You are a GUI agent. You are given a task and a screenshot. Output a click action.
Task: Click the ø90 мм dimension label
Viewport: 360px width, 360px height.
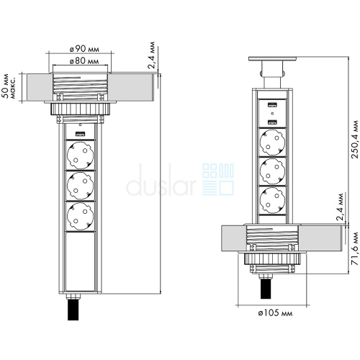click(84, 49)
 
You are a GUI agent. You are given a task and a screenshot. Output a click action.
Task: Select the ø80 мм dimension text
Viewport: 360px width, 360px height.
click(84, 61)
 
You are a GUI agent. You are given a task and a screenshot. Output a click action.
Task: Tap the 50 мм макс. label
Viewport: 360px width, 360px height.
click(9, 86)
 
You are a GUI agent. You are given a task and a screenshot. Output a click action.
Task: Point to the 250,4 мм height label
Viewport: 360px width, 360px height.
click(354, 139)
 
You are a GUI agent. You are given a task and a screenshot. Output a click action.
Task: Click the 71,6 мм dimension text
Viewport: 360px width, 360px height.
click(354, 248)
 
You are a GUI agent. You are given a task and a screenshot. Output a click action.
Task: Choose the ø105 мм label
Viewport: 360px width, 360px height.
click(275, 313)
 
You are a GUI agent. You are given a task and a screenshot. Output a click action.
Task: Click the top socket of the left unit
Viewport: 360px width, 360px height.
click(81, 156)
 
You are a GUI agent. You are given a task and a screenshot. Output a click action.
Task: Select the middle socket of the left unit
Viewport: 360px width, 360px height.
click(81, 186)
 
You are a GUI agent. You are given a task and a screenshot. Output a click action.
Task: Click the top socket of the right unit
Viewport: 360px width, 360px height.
click(273, 143)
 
